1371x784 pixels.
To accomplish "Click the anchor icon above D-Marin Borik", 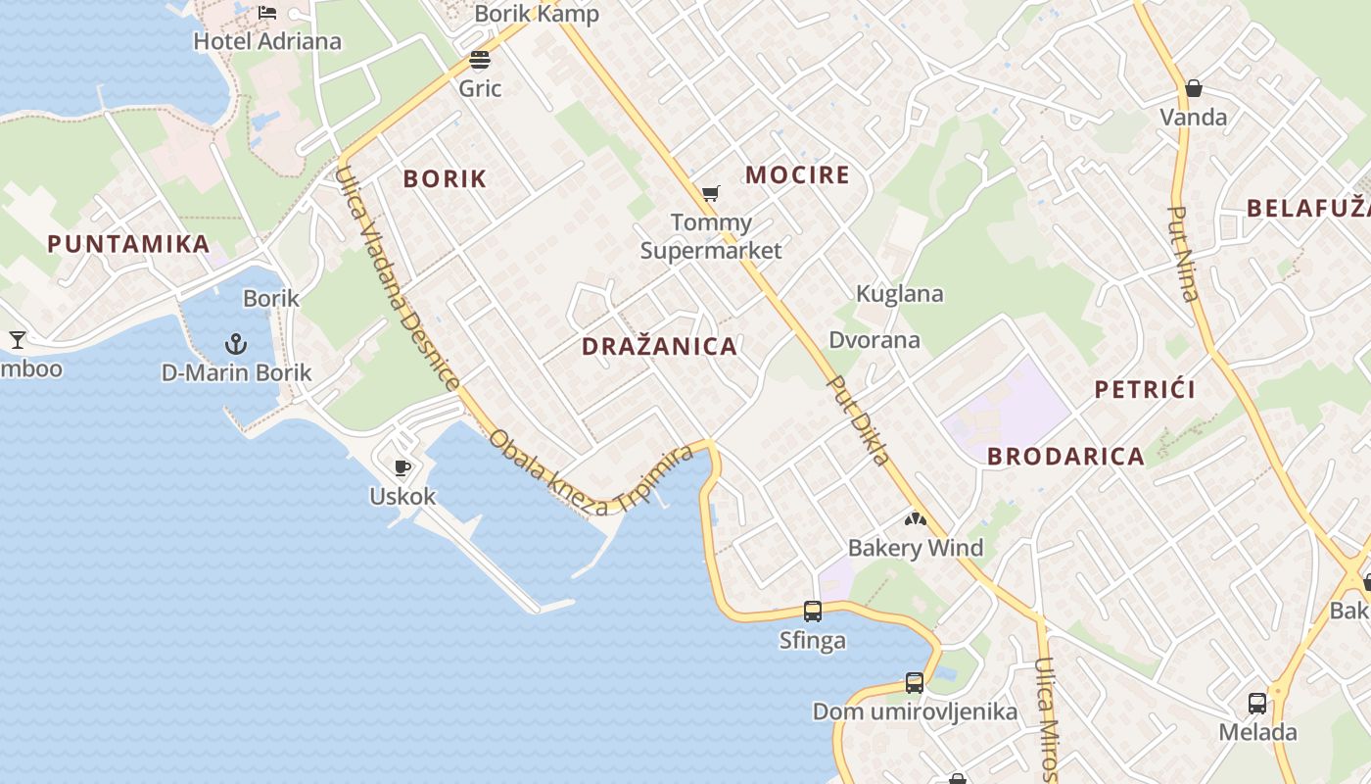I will tap(235, 344).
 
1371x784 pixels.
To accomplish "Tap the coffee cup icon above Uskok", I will tap(402, 467).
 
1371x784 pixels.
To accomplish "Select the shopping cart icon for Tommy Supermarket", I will tap(711, 194).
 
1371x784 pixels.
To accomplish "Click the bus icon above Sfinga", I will tap(812, 612).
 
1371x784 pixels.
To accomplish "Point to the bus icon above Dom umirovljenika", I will tap(914, 683).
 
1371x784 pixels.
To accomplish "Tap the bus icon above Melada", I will tap(1256, 704).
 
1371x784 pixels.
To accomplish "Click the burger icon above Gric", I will tap(480, 60).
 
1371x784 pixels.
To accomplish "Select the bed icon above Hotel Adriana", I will tap(267, 13).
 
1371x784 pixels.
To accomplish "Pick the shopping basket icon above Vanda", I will tap(1193, 89).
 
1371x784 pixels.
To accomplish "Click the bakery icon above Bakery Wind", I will tap(915, 519).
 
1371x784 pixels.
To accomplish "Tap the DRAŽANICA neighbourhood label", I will tap(659, 347).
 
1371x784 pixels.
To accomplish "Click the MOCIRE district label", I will tap(797, 175).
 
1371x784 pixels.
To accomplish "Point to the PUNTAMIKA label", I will tap(128, 244).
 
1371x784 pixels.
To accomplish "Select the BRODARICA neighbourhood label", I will tap(1065, 457).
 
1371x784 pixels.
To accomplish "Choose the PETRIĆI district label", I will tap(1145, 390).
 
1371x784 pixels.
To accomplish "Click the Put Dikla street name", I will tap(858, 420).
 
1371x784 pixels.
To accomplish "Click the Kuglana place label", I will tap(899, 294).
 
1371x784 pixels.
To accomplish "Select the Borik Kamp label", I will tap(536, 14).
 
